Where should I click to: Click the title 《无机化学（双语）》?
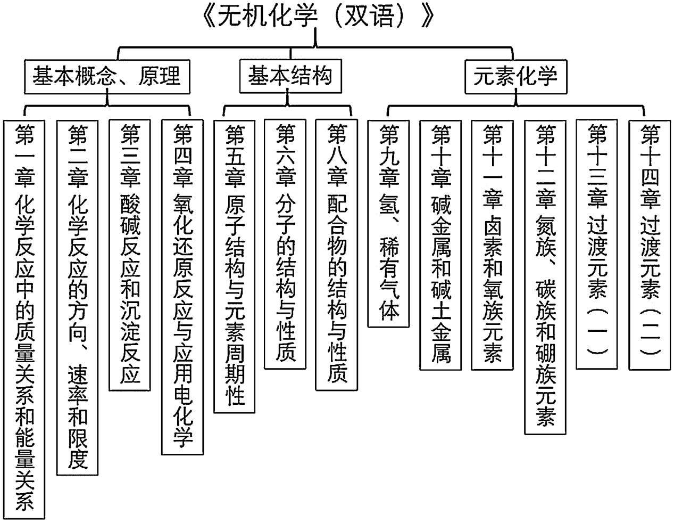[318, 17]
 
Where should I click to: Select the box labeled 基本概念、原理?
[107, 77]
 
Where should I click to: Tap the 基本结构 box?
[290, 77]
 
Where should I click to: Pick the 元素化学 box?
[515, 77]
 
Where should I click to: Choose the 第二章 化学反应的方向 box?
[78, 296]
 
